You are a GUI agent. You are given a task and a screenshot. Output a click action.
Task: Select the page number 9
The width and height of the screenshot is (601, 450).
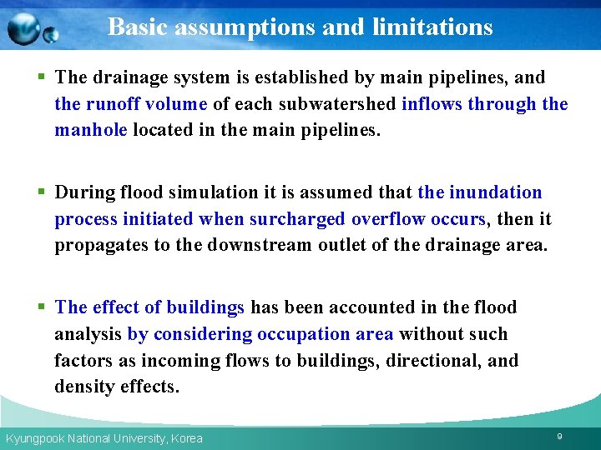[x=558, y=437]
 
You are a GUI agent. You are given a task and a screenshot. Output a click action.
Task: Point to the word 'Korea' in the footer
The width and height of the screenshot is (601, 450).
[x=186, y=438]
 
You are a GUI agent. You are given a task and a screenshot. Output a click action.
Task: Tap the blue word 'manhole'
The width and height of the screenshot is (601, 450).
[x=91, y=131]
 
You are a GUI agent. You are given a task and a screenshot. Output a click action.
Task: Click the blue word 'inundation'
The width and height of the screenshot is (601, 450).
[x=496, y=192]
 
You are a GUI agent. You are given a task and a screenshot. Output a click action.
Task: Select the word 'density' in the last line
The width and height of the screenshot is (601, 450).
[x=84, y=387]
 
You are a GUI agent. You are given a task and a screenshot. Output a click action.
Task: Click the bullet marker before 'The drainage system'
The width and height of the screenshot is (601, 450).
[x=42, y=77]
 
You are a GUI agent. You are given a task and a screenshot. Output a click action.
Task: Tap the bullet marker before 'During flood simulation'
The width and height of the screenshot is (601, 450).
[x=42, y=192]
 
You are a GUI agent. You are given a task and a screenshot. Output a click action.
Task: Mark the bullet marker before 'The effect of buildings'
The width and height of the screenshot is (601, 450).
[x=42, y=307]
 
